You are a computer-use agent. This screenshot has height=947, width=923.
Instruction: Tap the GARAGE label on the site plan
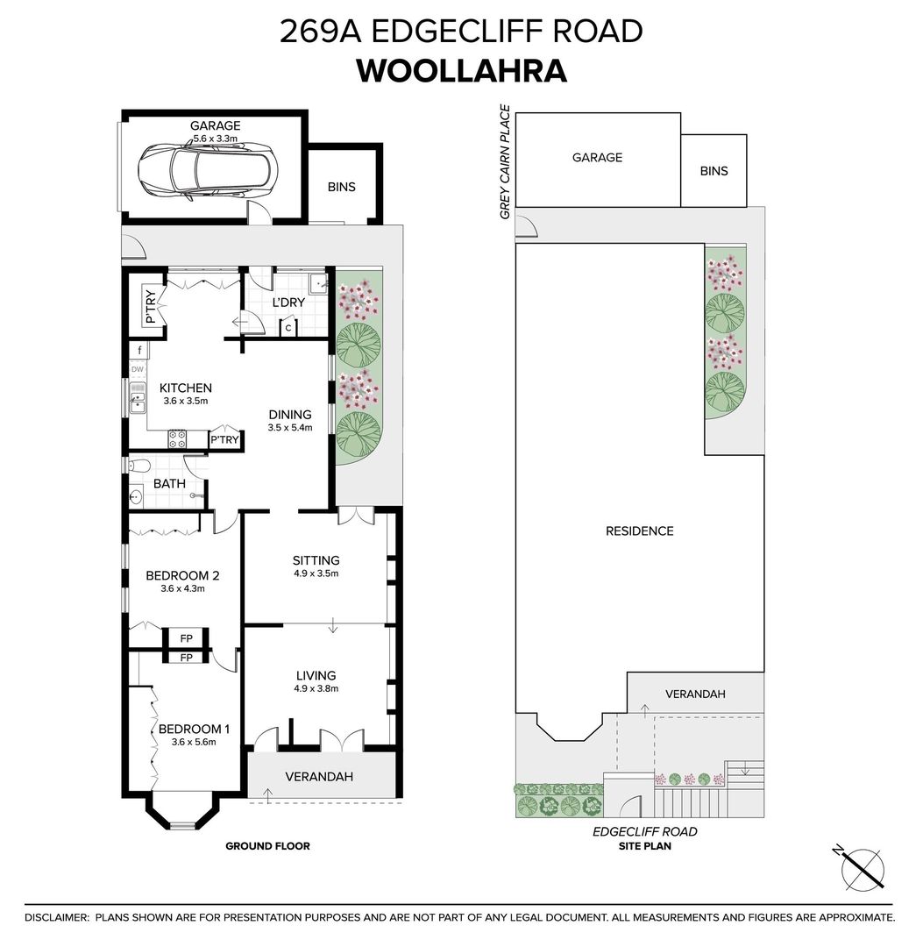597,158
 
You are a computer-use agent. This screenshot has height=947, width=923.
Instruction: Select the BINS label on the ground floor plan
342,187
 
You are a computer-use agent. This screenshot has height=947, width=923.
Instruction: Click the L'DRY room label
288,303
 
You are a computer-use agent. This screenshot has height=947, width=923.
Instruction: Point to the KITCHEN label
185,388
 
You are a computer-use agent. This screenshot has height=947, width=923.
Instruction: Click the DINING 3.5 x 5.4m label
290,421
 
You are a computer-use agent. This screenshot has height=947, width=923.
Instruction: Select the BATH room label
169,483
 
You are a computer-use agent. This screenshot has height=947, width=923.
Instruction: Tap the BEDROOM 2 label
182,576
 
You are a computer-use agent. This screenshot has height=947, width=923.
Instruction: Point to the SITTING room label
316,560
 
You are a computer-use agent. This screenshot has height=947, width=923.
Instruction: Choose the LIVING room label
316,675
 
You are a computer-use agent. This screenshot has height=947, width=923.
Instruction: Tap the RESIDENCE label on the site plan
640,530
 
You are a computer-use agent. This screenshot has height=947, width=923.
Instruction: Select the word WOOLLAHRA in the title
461,71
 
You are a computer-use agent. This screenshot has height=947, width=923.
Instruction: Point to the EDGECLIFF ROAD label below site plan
644,831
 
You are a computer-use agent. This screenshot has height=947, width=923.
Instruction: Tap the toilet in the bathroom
139,465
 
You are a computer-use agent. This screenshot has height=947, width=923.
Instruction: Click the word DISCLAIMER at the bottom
57,917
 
